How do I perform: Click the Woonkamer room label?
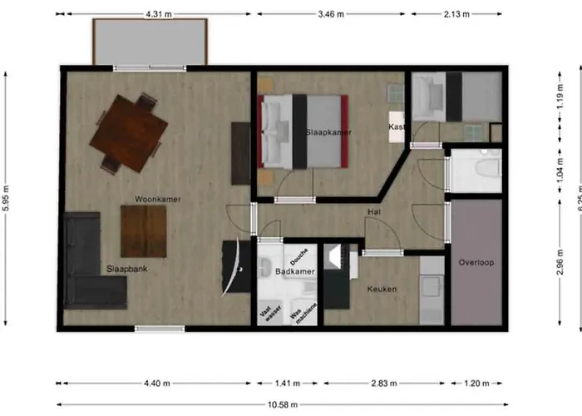coord(158,199)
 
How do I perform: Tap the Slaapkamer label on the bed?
coord(328,132)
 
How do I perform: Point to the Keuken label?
coord(382,289)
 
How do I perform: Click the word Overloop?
coord(476,263)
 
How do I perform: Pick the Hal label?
coord(374,213)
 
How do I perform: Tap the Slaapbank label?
coord(126,269)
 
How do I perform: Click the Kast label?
coord(396,126)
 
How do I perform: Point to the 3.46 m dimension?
coord(331,14)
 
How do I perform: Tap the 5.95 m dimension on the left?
coord(7,200)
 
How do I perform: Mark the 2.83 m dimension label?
coord(386,384)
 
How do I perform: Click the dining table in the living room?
coord(129,132)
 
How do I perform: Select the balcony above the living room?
coord(150,42)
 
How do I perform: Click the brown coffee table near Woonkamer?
coord(143,230)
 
